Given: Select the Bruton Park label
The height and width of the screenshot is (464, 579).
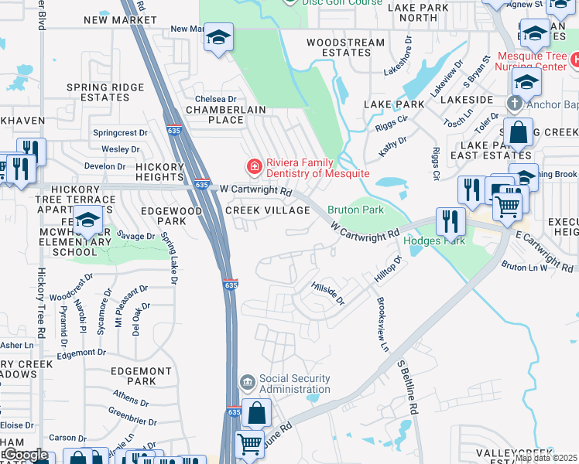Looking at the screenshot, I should click(x=355, y=210).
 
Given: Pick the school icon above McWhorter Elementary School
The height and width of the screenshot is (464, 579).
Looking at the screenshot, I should click(x=87, y=220).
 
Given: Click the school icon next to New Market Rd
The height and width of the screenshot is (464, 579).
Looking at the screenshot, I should click(x=219, y=37).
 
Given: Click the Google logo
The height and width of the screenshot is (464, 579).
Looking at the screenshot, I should click(x=25, y=455).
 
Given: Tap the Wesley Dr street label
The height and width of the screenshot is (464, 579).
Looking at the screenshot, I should click(x=120, y=148).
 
